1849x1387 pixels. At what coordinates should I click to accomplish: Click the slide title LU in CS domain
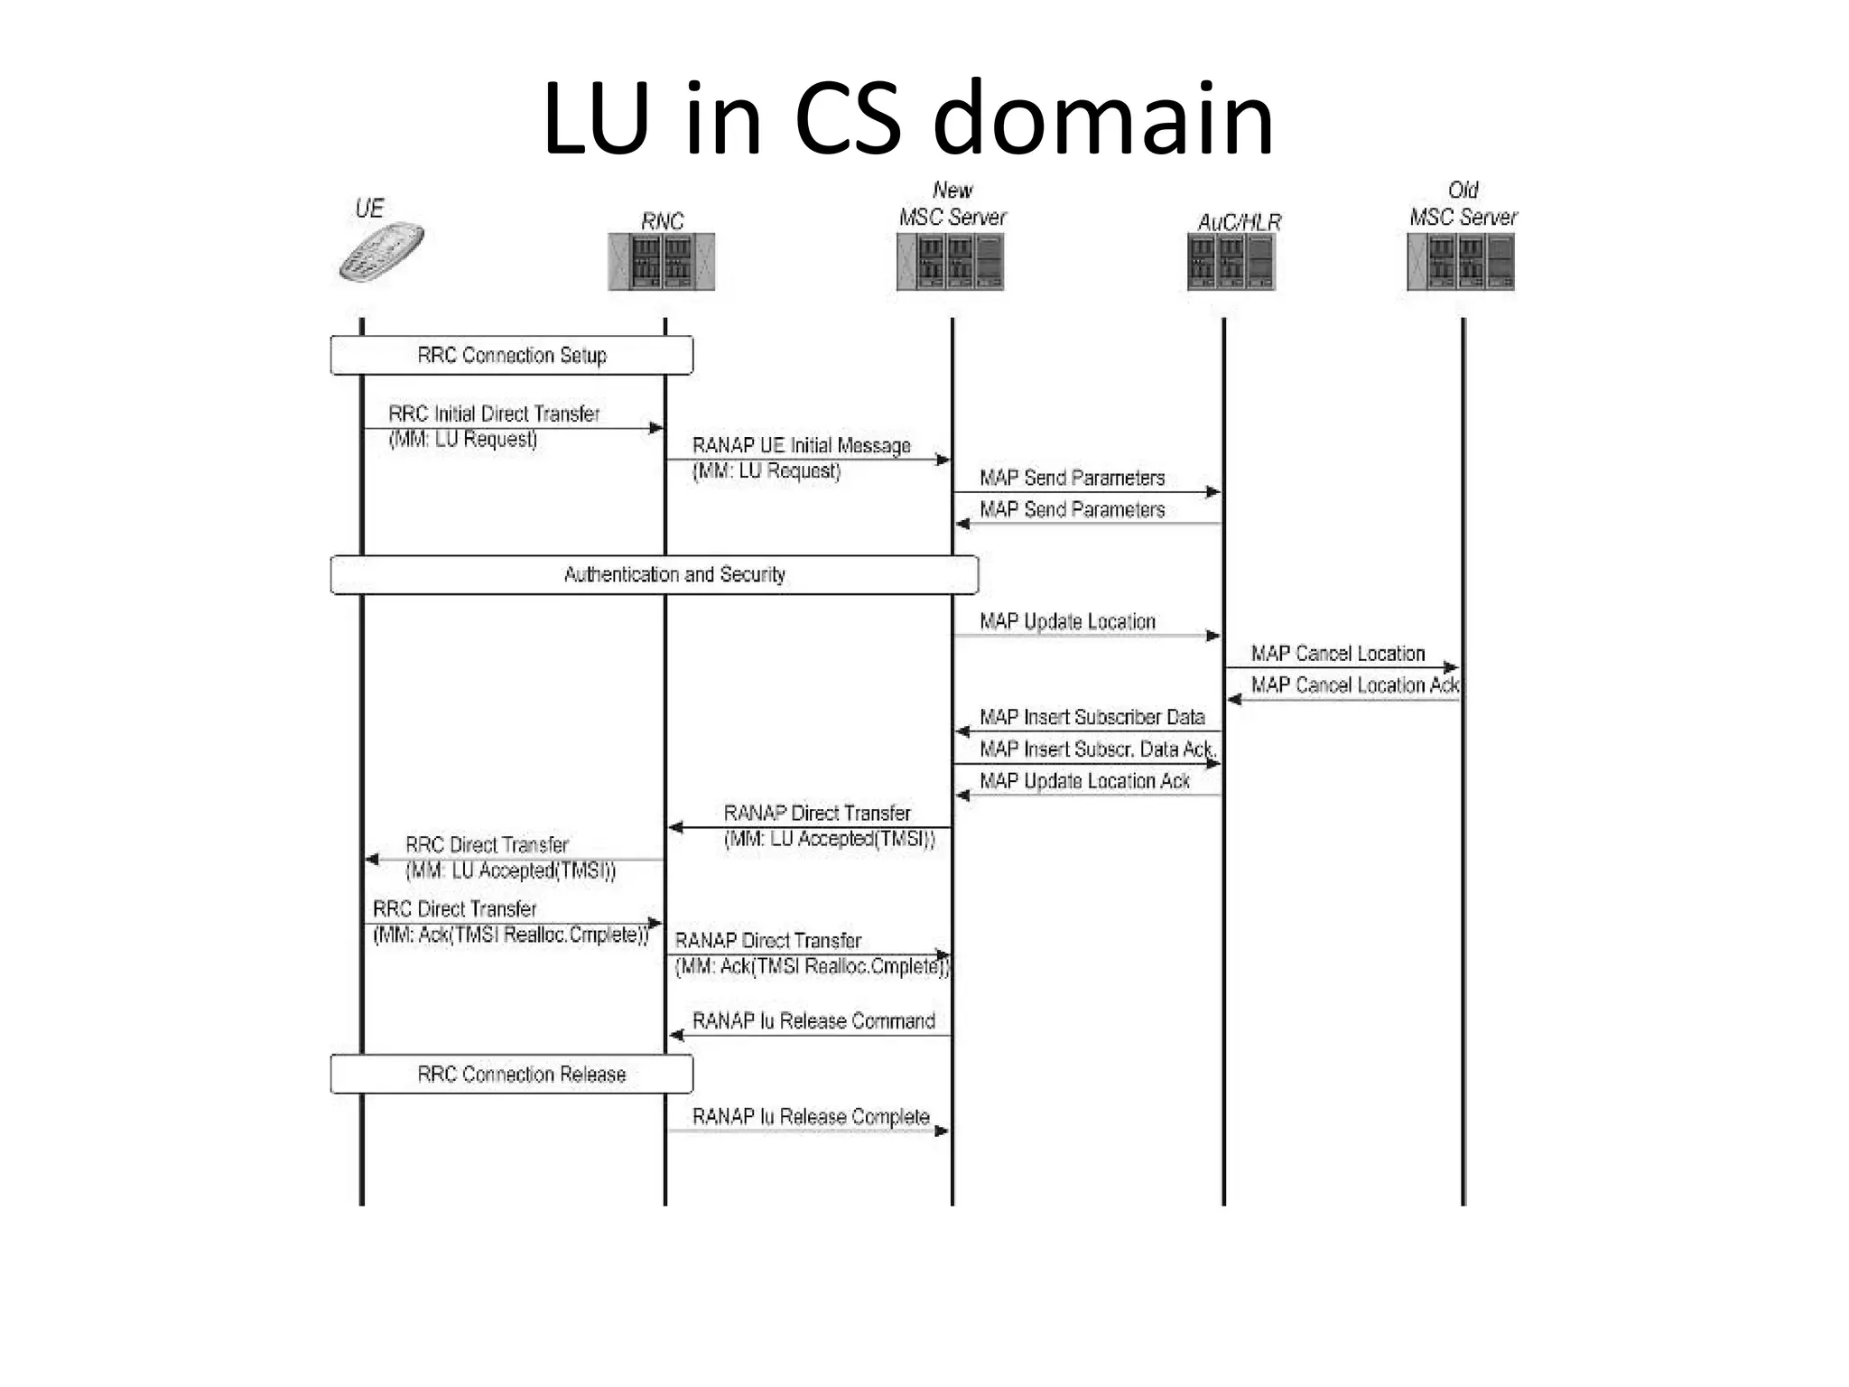[x=907, y=119]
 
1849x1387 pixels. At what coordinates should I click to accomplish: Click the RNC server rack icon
[x=662, y=262]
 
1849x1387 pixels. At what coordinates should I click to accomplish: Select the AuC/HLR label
[x=1239, y=222]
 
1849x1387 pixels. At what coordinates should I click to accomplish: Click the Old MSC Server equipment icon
[x=1461, y=262]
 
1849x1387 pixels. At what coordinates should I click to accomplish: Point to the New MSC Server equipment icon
[x=951, y=262]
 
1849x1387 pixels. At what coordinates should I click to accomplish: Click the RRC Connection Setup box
[x=512, y=356]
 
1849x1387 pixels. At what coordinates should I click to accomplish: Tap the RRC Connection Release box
[x=512, y=1075]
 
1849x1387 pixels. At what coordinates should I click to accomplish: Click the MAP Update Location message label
[x=1067, y=622]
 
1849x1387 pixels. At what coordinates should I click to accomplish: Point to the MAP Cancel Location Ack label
[x=1353, y=685]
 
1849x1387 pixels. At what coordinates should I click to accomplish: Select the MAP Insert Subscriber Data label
[x=1092, y=718]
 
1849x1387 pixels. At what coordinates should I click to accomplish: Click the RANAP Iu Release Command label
[x=813, y=1021]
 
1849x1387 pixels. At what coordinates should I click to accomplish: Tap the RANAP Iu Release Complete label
[x=810, y=1117]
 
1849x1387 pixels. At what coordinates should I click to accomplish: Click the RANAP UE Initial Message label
[x=801, y=446]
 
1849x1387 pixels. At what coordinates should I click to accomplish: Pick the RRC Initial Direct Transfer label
[x=494, y=414]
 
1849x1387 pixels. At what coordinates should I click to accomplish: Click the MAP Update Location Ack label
[x=1084, y=781]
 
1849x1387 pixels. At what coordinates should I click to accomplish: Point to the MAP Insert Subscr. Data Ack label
[x=1097, y=749]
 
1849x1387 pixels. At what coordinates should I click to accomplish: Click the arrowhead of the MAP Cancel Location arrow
[x=1452, y=668]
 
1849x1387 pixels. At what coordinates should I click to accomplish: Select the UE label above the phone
[x=369, y=209]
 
